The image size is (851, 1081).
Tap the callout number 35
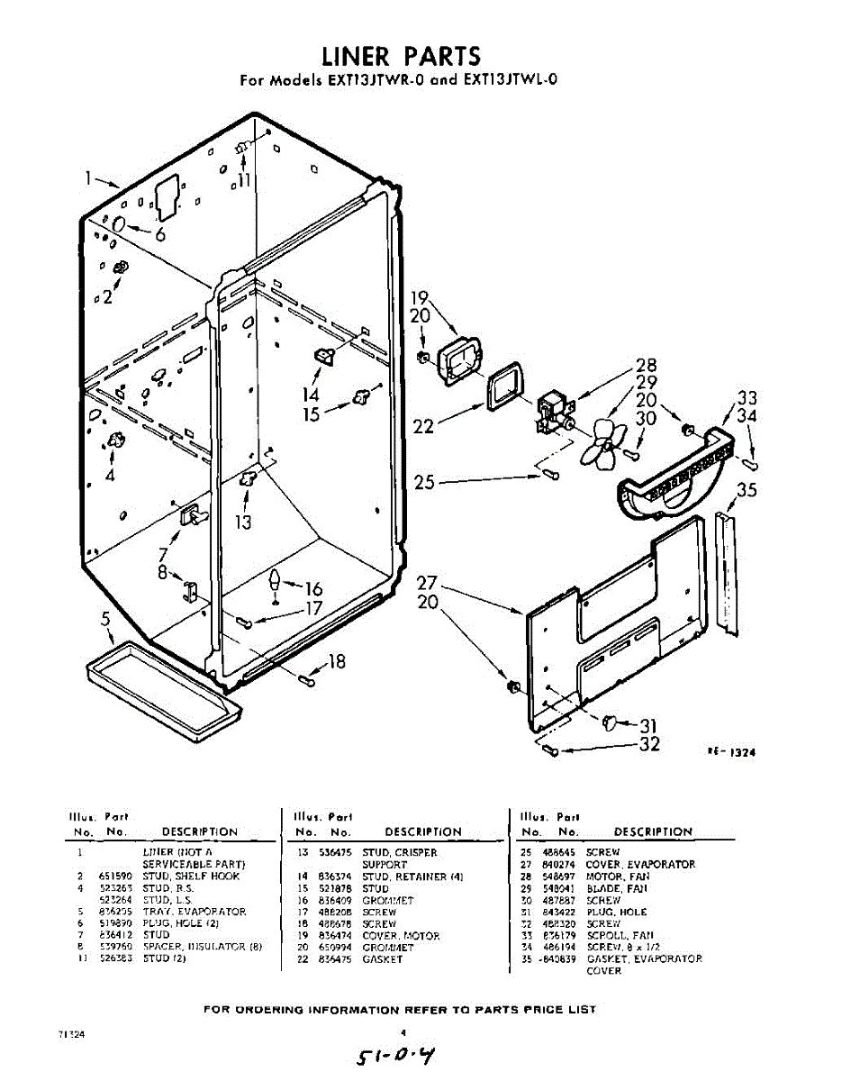(747, 490)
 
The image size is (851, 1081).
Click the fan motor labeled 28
(551, 412)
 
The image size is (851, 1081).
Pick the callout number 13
(242, 522)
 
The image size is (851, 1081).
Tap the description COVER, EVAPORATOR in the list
(640, 864)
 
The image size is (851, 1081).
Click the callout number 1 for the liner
(88, 178)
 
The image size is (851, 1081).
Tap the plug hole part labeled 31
(610, 720)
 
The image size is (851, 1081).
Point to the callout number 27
(428, 584)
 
